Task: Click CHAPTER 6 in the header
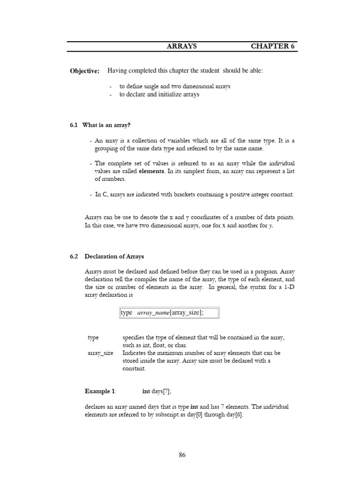tap(273, 46)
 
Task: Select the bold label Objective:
tap(84, 71)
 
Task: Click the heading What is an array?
tap(106, 125)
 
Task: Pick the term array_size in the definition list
tap(100, 353)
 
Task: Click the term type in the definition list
tap(93, 337)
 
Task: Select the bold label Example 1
tap(100, 391)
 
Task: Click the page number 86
tap(182, 455)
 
